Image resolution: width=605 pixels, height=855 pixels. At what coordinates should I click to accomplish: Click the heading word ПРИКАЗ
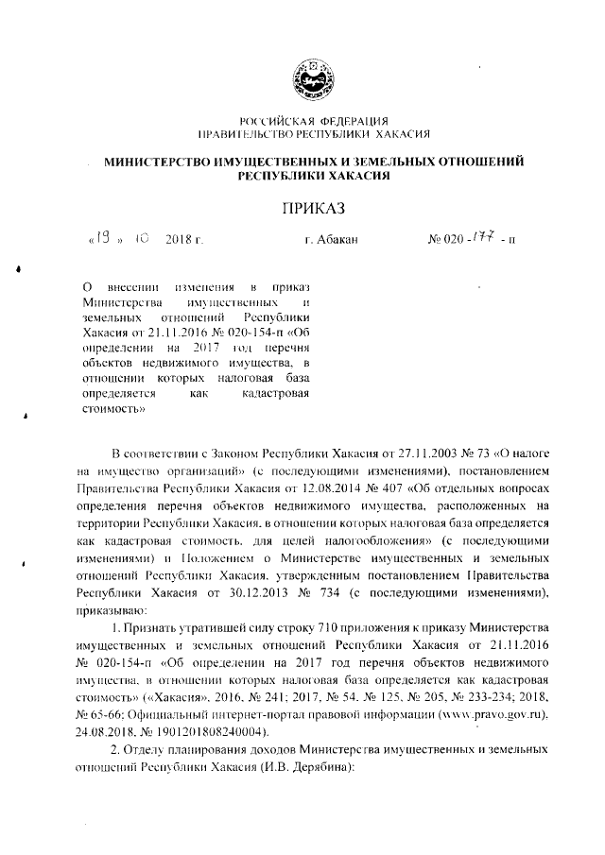tap(310, 208)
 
